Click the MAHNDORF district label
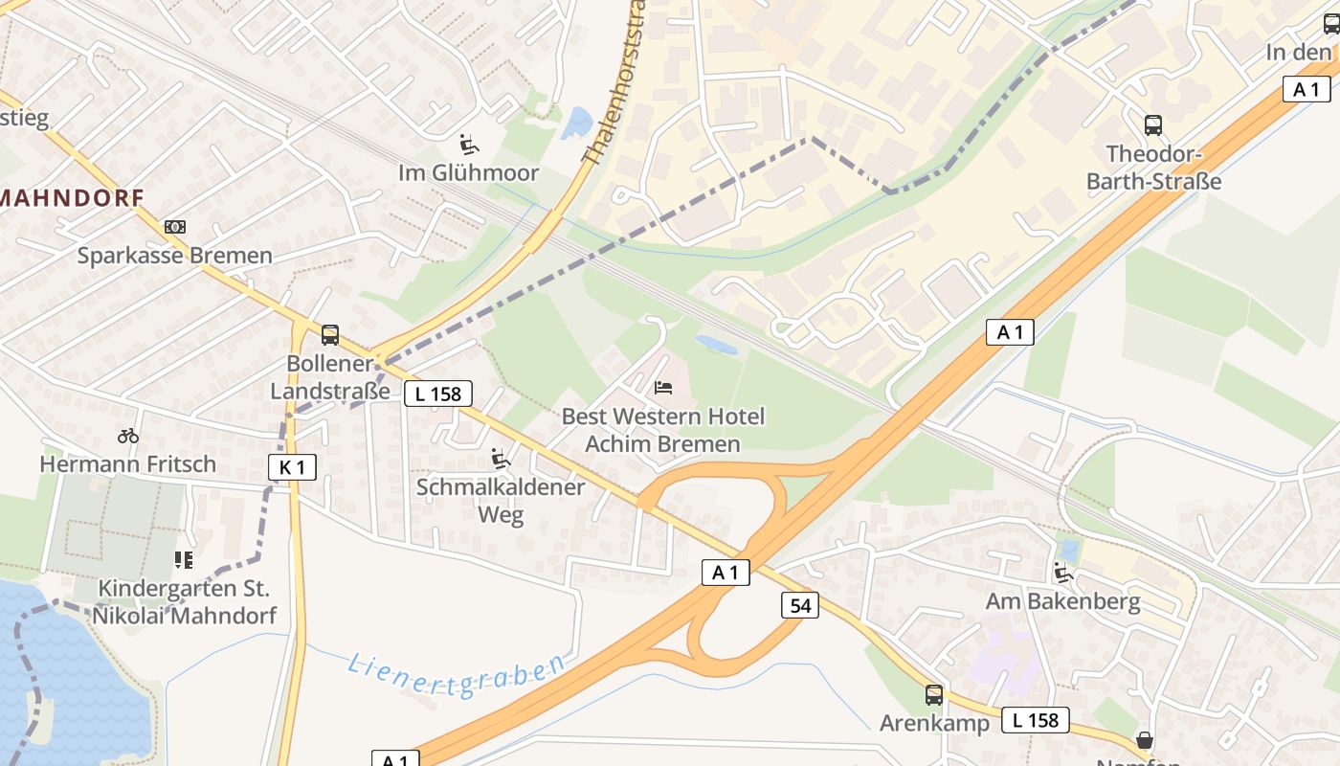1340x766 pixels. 72,198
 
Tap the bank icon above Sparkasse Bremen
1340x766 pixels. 175,227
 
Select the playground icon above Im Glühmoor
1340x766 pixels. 469,145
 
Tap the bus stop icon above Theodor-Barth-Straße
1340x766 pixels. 1153,124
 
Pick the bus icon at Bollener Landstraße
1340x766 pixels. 330,335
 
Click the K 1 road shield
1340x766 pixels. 292,467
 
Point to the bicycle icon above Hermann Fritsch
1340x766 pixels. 128,436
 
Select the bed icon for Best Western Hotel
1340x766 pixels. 663,388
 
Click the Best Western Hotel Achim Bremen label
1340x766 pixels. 662,430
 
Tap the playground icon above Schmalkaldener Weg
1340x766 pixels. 500,459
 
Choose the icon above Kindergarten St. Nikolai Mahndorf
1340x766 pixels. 183,559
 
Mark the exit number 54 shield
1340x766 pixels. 800,605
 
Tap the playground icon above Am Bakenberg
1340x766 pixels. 1062,573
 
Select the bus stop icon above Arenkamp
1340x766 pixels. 934,695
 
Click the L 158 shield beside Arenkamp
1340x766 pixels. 1035,720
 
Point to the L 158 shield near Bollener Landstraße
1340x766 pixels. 438,394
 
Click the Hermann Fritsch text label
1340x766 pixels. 128,464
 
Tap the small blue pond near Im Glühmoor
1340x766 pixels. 577,123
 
